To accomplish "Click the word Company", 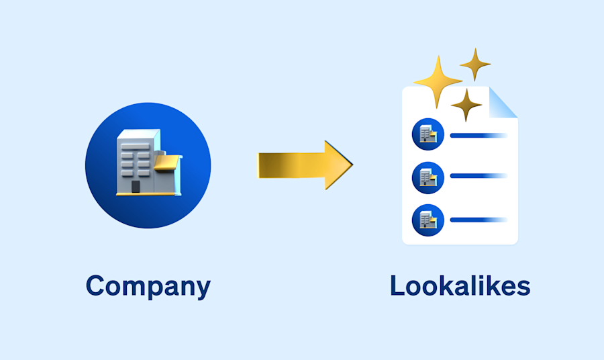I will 148,286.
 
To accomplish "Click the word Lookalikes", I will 460,286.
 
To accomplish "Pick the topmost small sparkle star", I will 475,64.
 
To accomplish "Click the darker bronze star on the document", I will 466,104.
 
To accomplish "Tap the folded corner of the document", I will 504,102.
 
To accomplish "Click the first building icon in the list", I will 427,134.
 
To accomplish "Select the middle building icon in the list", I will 427,177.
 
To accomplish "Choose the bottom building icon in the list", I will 427,219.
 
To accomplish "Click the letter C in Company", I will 96,286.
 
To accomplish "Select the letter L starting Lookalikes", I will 397,286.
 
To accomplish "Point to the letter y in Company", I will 201,289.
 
